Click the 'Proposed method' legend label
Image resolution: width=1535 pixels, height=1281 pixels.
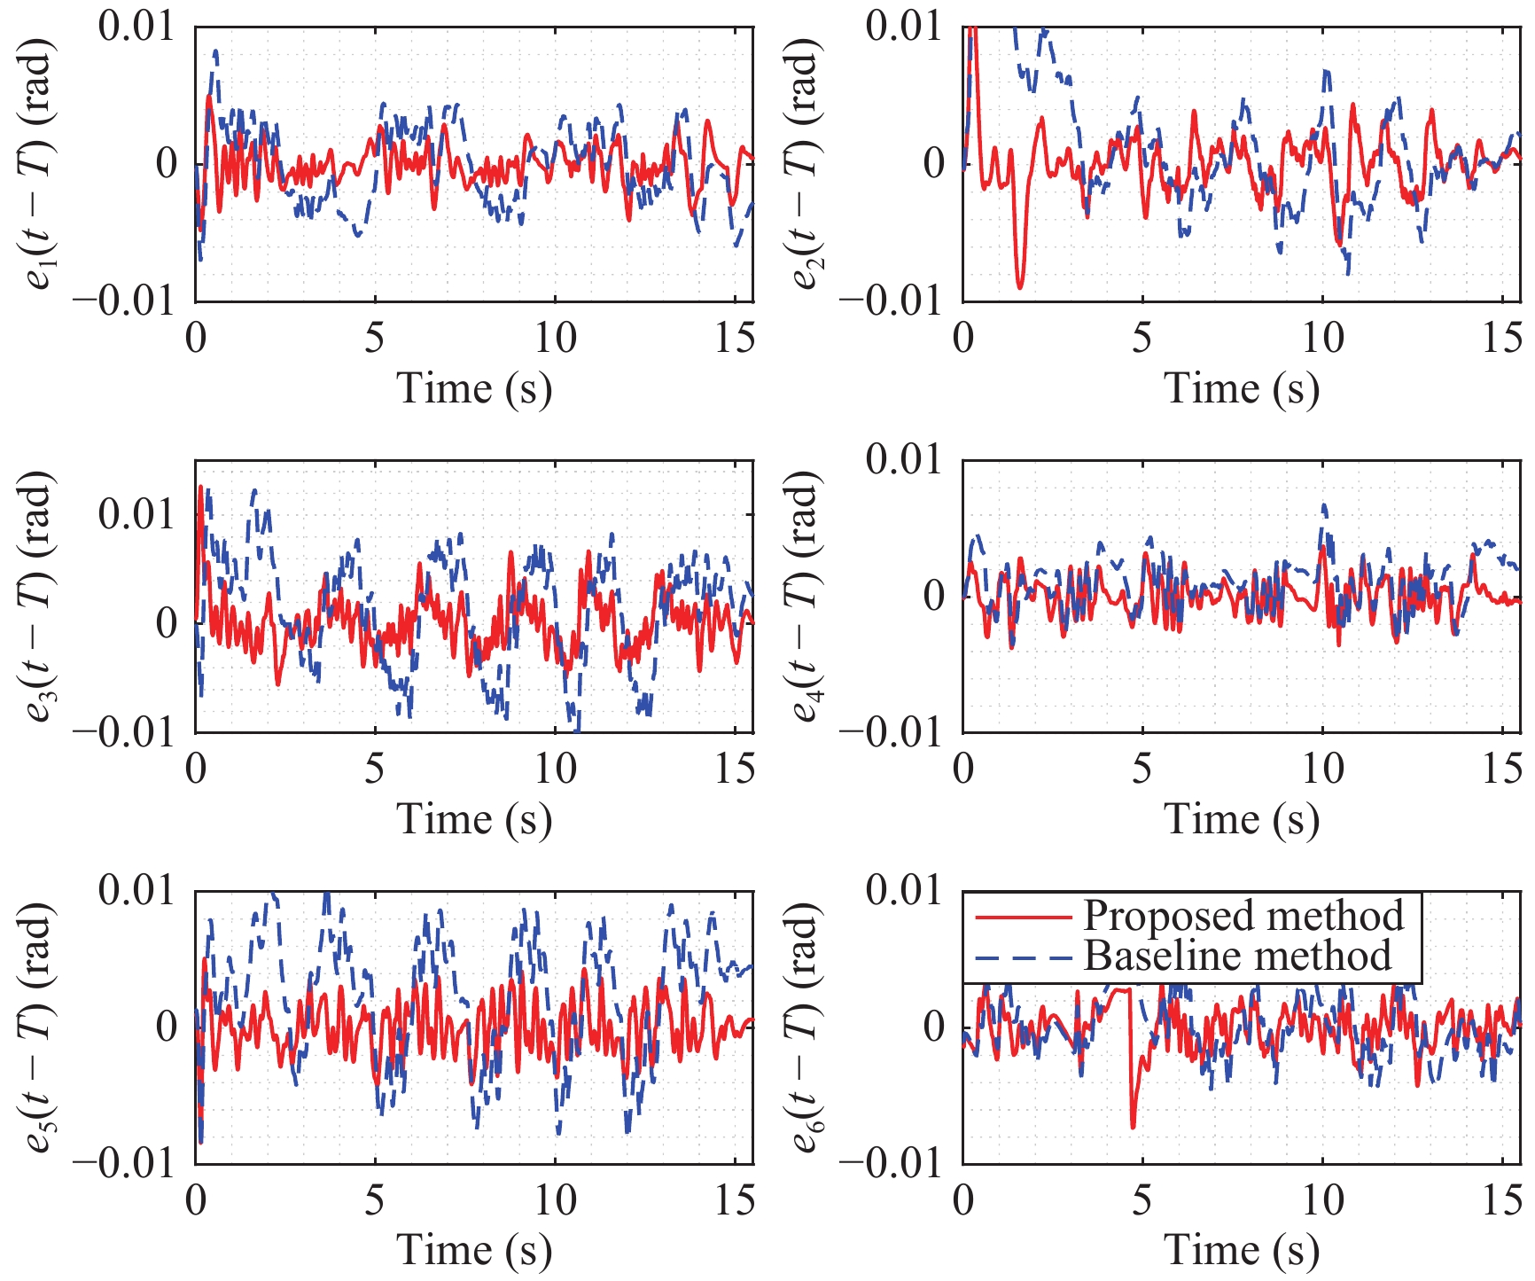[x=1243, y=916]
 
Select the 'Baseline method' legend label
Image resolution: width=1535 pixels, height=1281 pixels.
[x=1237, y=956]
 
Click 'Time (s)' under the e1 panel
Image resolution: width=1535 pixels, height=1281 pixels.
[x=474, y=388]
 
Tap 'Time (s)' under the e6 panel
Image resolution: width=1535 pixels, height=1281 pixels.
[x=1242, y=1250]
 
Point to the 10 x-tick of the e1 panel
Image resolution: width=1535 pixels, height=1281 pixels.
[x=555, y=339]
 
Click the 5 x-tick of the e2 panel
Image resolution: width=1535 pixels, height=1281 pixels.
[x=1142, y=339]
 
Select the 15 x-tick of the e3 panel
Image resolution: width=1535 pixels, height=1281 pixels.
[x=735, y=769]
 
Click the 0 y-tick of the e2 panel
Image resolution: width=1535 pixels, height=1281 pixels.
[x=934, y=164]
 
